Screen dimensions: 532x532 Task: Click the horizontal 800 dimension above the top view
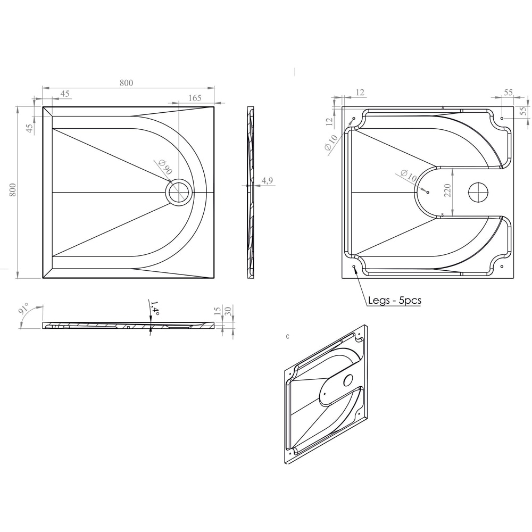[x=126, y=82]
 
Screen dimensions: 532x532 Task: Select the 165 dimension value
[x=195, y=97]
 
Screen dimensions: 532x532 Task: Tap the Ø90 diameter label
[x=165, y=168]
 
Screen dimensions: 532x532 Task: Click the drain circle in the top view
[x=179, y=192]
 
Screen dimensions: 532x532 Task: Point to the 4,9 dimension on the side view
[x=267, y=181]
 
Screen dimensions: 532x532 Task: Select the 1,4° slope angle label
[x=155, y=308]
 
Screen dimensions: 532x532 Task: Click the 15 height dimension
[x=217, y=311]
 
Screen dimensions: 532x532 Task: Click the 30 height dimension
[x=228, y=311]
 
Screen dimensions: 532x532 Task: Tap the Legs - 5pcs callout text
[x=395, y=301]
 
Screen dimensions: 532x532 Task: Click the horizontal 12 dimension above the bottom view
[x=360, y=93]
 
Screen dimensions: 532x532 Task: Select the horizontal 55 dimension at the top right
[x=508, y=92]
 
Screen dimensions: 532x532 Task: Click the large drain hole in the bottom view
[x=479, y=192]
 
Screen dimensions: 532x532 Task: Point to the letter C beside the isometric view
[x=287, y=337]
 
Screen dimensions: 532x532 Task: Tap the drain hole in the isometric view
[x=348, y=380]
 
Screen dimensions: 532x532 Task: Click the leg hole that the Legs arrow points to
[x=354, y=265]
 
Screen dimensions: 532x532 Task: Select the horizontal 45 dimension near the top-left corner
[x=65, y=94]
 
